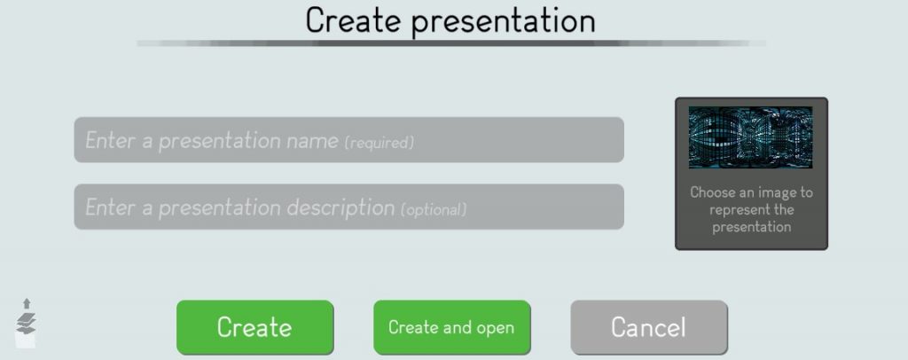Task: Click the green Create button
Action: click(254, 327)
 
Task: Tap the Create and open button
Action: click(451, 327)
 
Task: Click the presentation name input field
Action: click(348, 139)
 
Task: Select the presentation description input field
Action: click(348, 207)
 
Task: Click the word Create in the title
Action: click(353, 20)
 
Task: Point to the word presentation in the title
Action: click(504, 22)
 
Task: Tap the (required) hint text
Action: click(380, 143)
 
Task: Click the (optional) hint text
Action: click(433, 209)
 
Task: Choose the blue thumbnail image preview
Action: click(750, 137)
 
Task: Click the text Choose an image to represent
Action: click(751, 200)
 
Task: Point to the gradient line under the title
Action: click(451, 43)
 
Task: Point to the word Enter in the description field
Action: click(111, 207)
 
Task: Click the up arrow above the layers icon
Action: click(27, 304)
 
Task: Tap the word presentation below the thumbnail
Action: click(751, 226)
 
